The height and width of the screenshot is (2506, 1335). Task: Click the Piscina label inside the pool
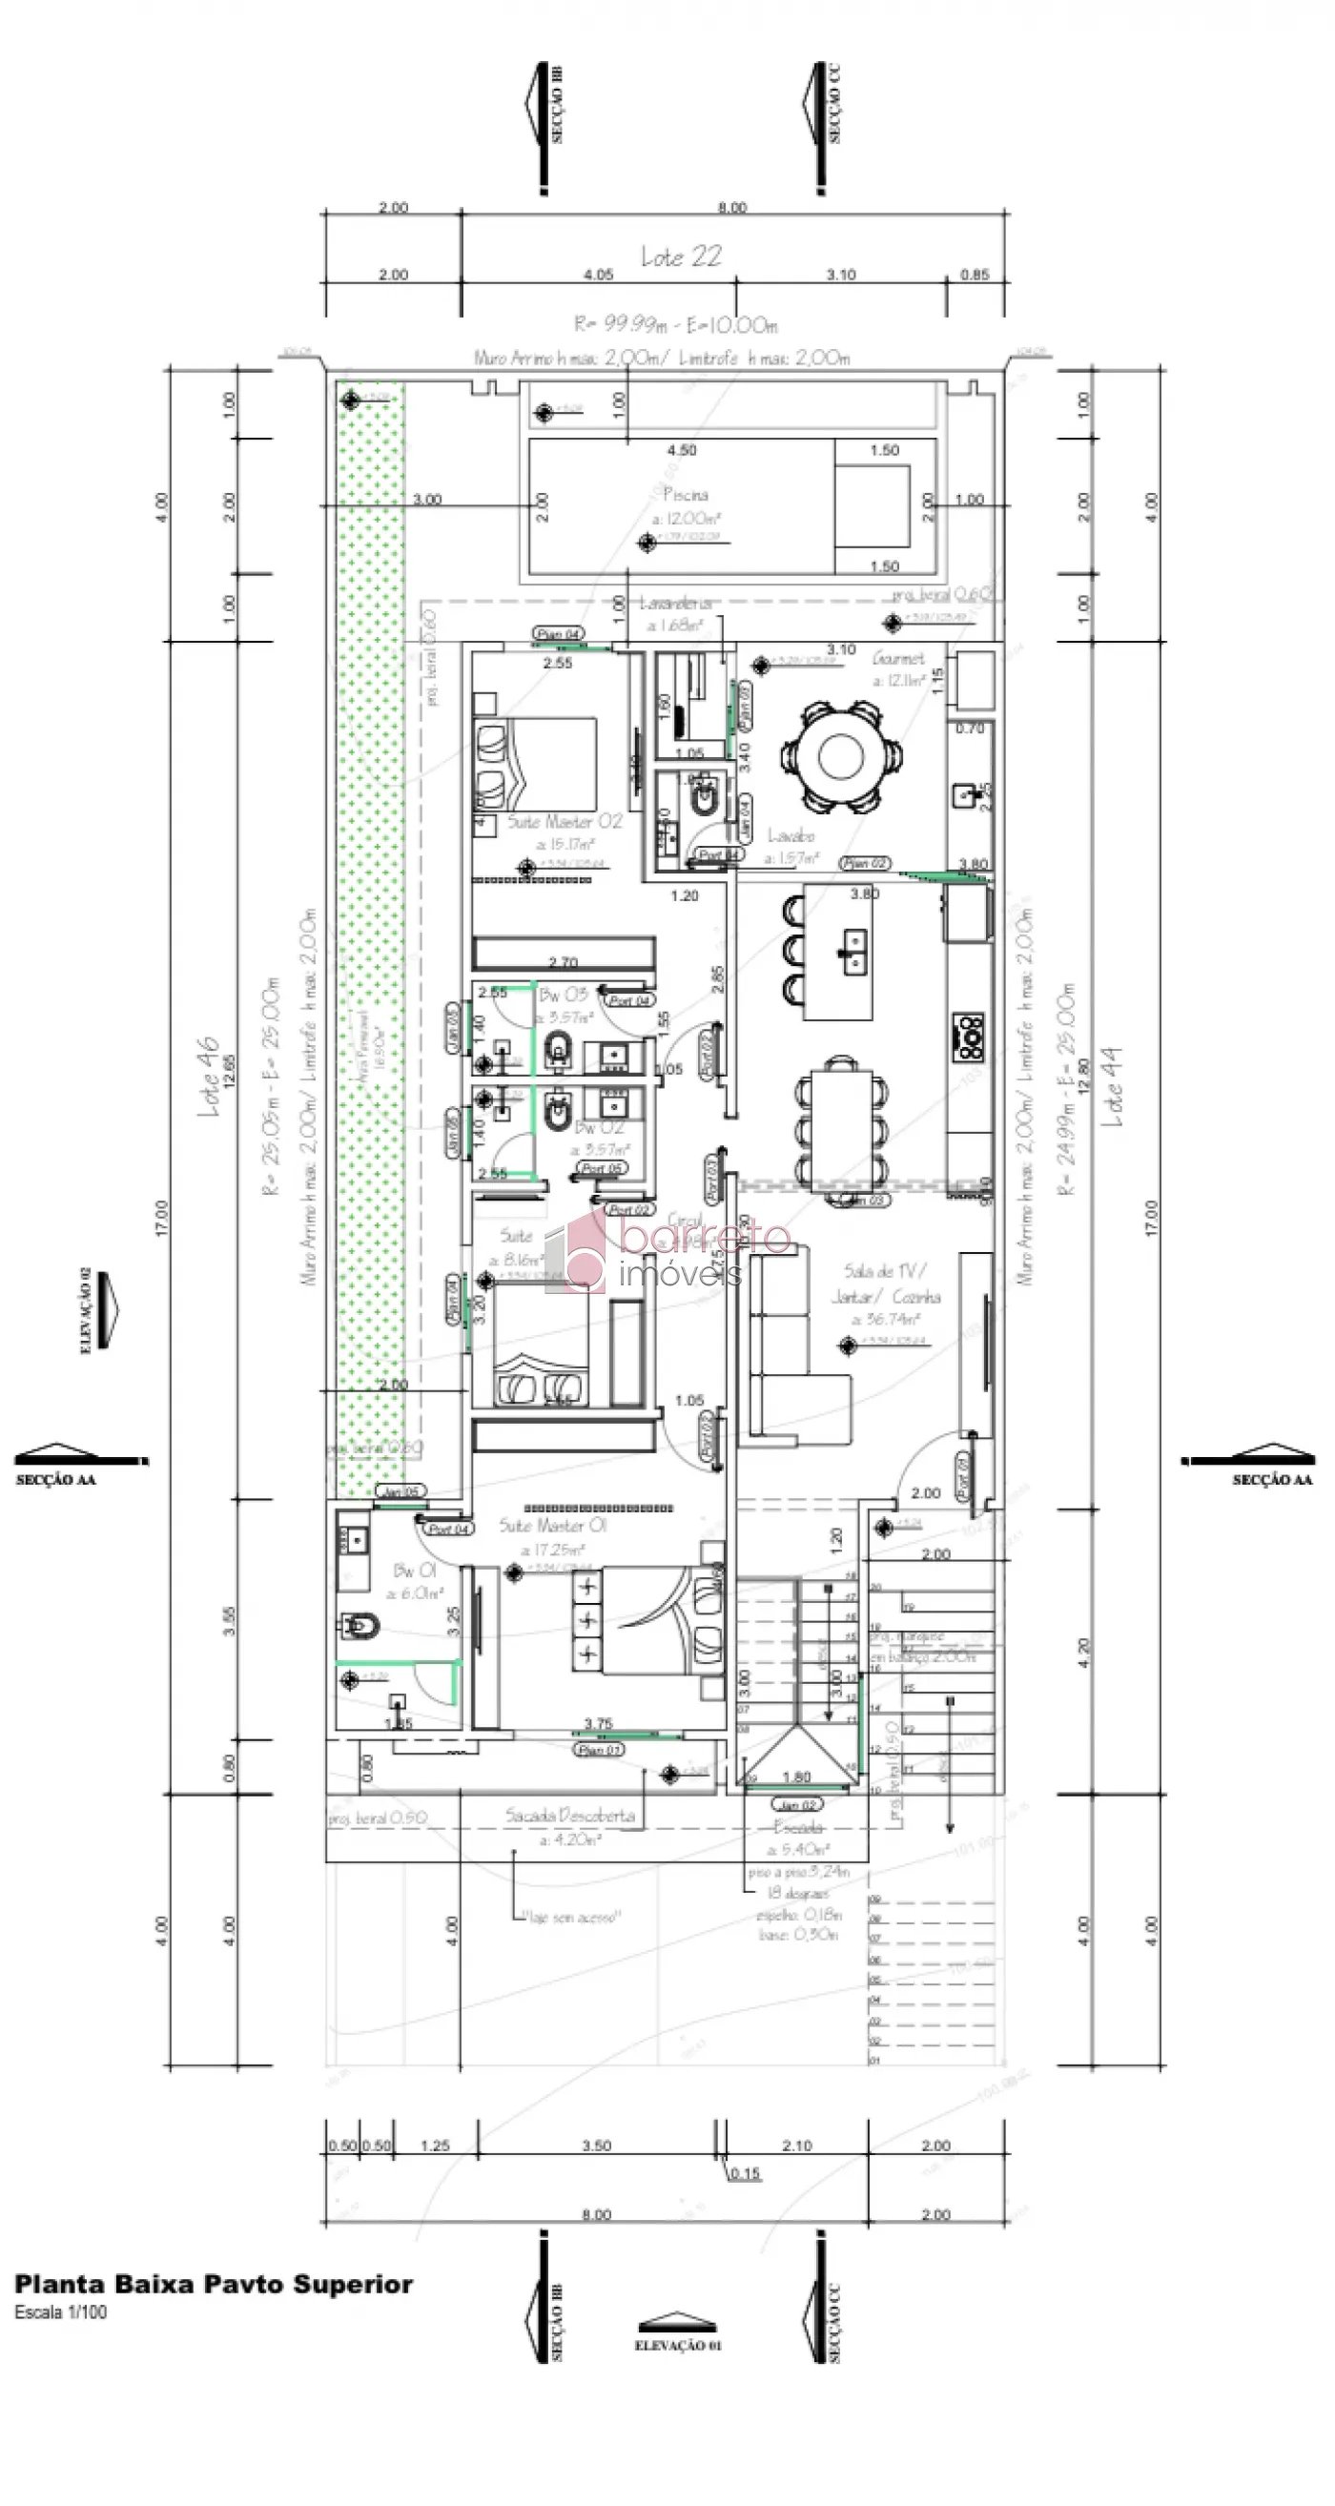tap(686, 494)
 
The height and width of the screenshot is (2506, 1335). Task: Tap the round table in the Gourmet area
tap(842, 756)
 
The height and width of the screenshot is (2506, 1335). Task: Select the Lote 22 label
tap(681, 257)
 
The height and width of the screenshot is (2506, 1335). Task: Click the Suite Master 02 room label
tap(565, 822)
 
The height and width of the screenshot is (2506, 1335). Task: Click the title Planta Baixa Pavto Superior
tap(213, 2285)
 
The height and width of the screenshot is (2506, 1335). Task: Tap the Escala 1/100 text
tap(60, 2312)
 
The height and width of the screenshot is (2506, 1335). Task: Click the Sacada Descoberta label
tap(570, 1816)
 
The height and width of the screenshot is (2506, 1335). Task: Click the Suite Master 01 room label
tap(553, 1526)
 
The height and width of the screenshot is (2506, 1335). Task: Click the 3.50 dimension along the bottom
tap(597, 2146)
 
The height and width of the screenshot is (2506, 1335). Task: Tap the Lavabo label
tap(791, 835)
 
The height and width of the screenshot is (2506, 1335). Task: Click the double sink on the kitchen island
tap(855, 951)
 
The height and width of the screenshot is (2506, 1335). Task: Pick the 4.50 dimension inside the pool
tap(681, 450)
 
